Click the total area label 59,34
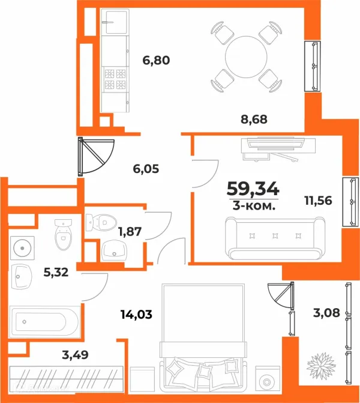click(253, 189)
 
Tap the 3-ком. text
click(254, 205)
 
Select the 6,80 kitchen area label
click(156, 61)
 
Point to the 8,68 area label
click(254, 120)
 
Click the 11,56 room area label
click(318, 201)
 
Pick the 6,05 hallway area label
click(146, 169)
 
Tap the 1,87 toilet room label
click(130, 232)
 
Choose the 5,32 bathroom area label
click(56, 272)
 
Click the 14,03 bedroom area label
click(136, 314)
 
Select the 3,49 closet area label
click(75, 355)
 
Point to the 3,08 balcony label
click(326, 313)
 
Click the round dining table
click(246, 57)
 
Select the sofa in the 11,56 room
click(275, 238)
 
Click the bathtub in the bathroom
click(45, 322)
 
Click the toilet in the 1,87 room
click(101, 223)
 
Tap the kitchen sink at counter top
click(115, 22)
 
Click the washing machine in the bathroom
click(22, 248)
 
